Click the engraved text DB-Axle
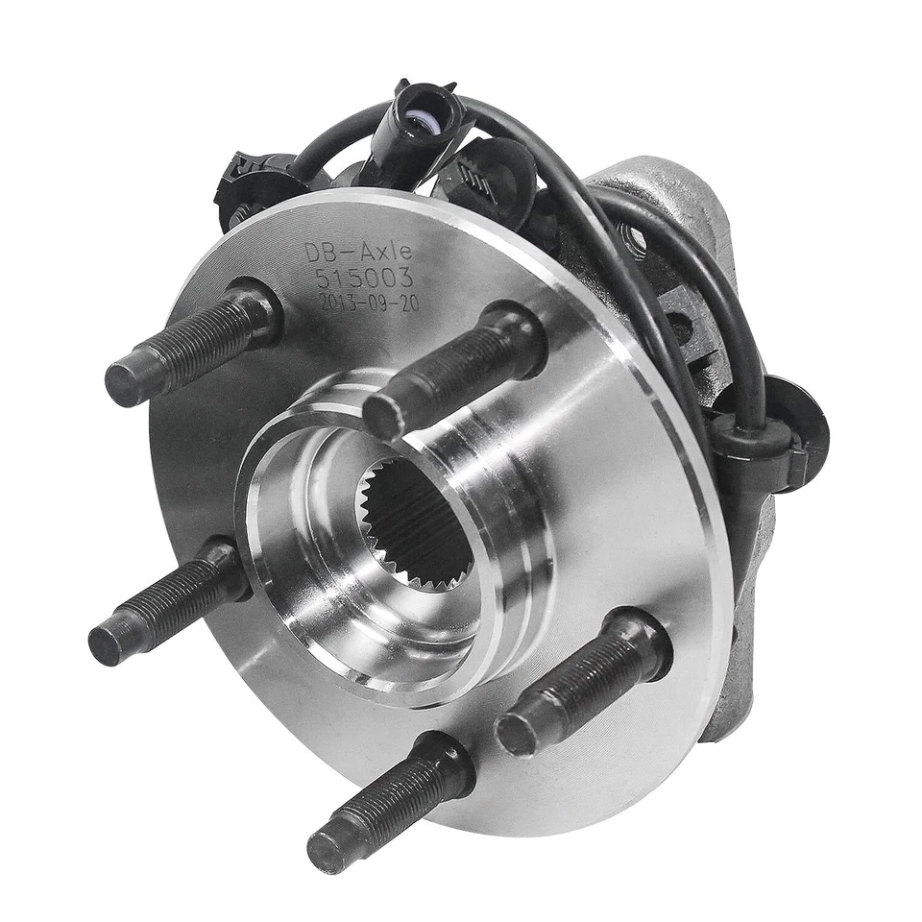pos(358,252)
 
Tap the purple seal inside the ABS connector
pos(418,121)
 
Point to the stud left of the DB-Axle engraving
pos(192,342)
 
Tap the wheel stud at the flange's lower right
pos(581,687)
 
